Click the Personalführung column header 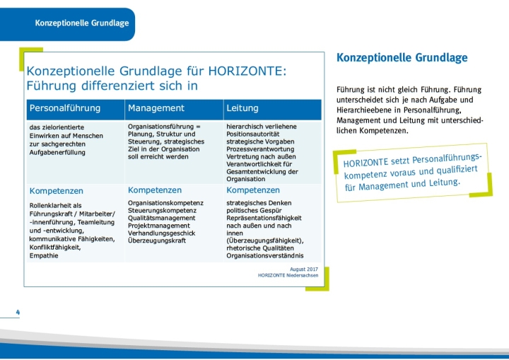(65, 108)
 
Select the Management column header (156, 108)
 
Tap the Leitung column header (242, 108)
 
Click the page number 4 (18, 312)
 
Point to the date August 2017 (304, 269)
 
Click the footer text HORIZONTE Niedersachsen (288, 275)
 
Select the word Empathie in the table (44, 256)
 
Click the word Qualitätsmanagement (162, 218)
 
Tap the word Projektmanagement (159, 226)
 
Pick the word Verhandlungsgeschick (162, 233)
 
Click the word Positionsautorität (253, 134)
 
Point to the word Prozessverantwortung (260, 149)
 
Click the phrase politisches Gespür (255, 211)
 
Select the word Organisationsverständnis (265, 256)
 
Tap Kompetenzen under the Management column (155, 190)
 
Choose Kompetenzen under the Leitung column (253, 190)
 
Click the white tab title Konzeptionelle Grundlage (82, 23)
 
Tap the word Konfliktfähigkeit (55, 248)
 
